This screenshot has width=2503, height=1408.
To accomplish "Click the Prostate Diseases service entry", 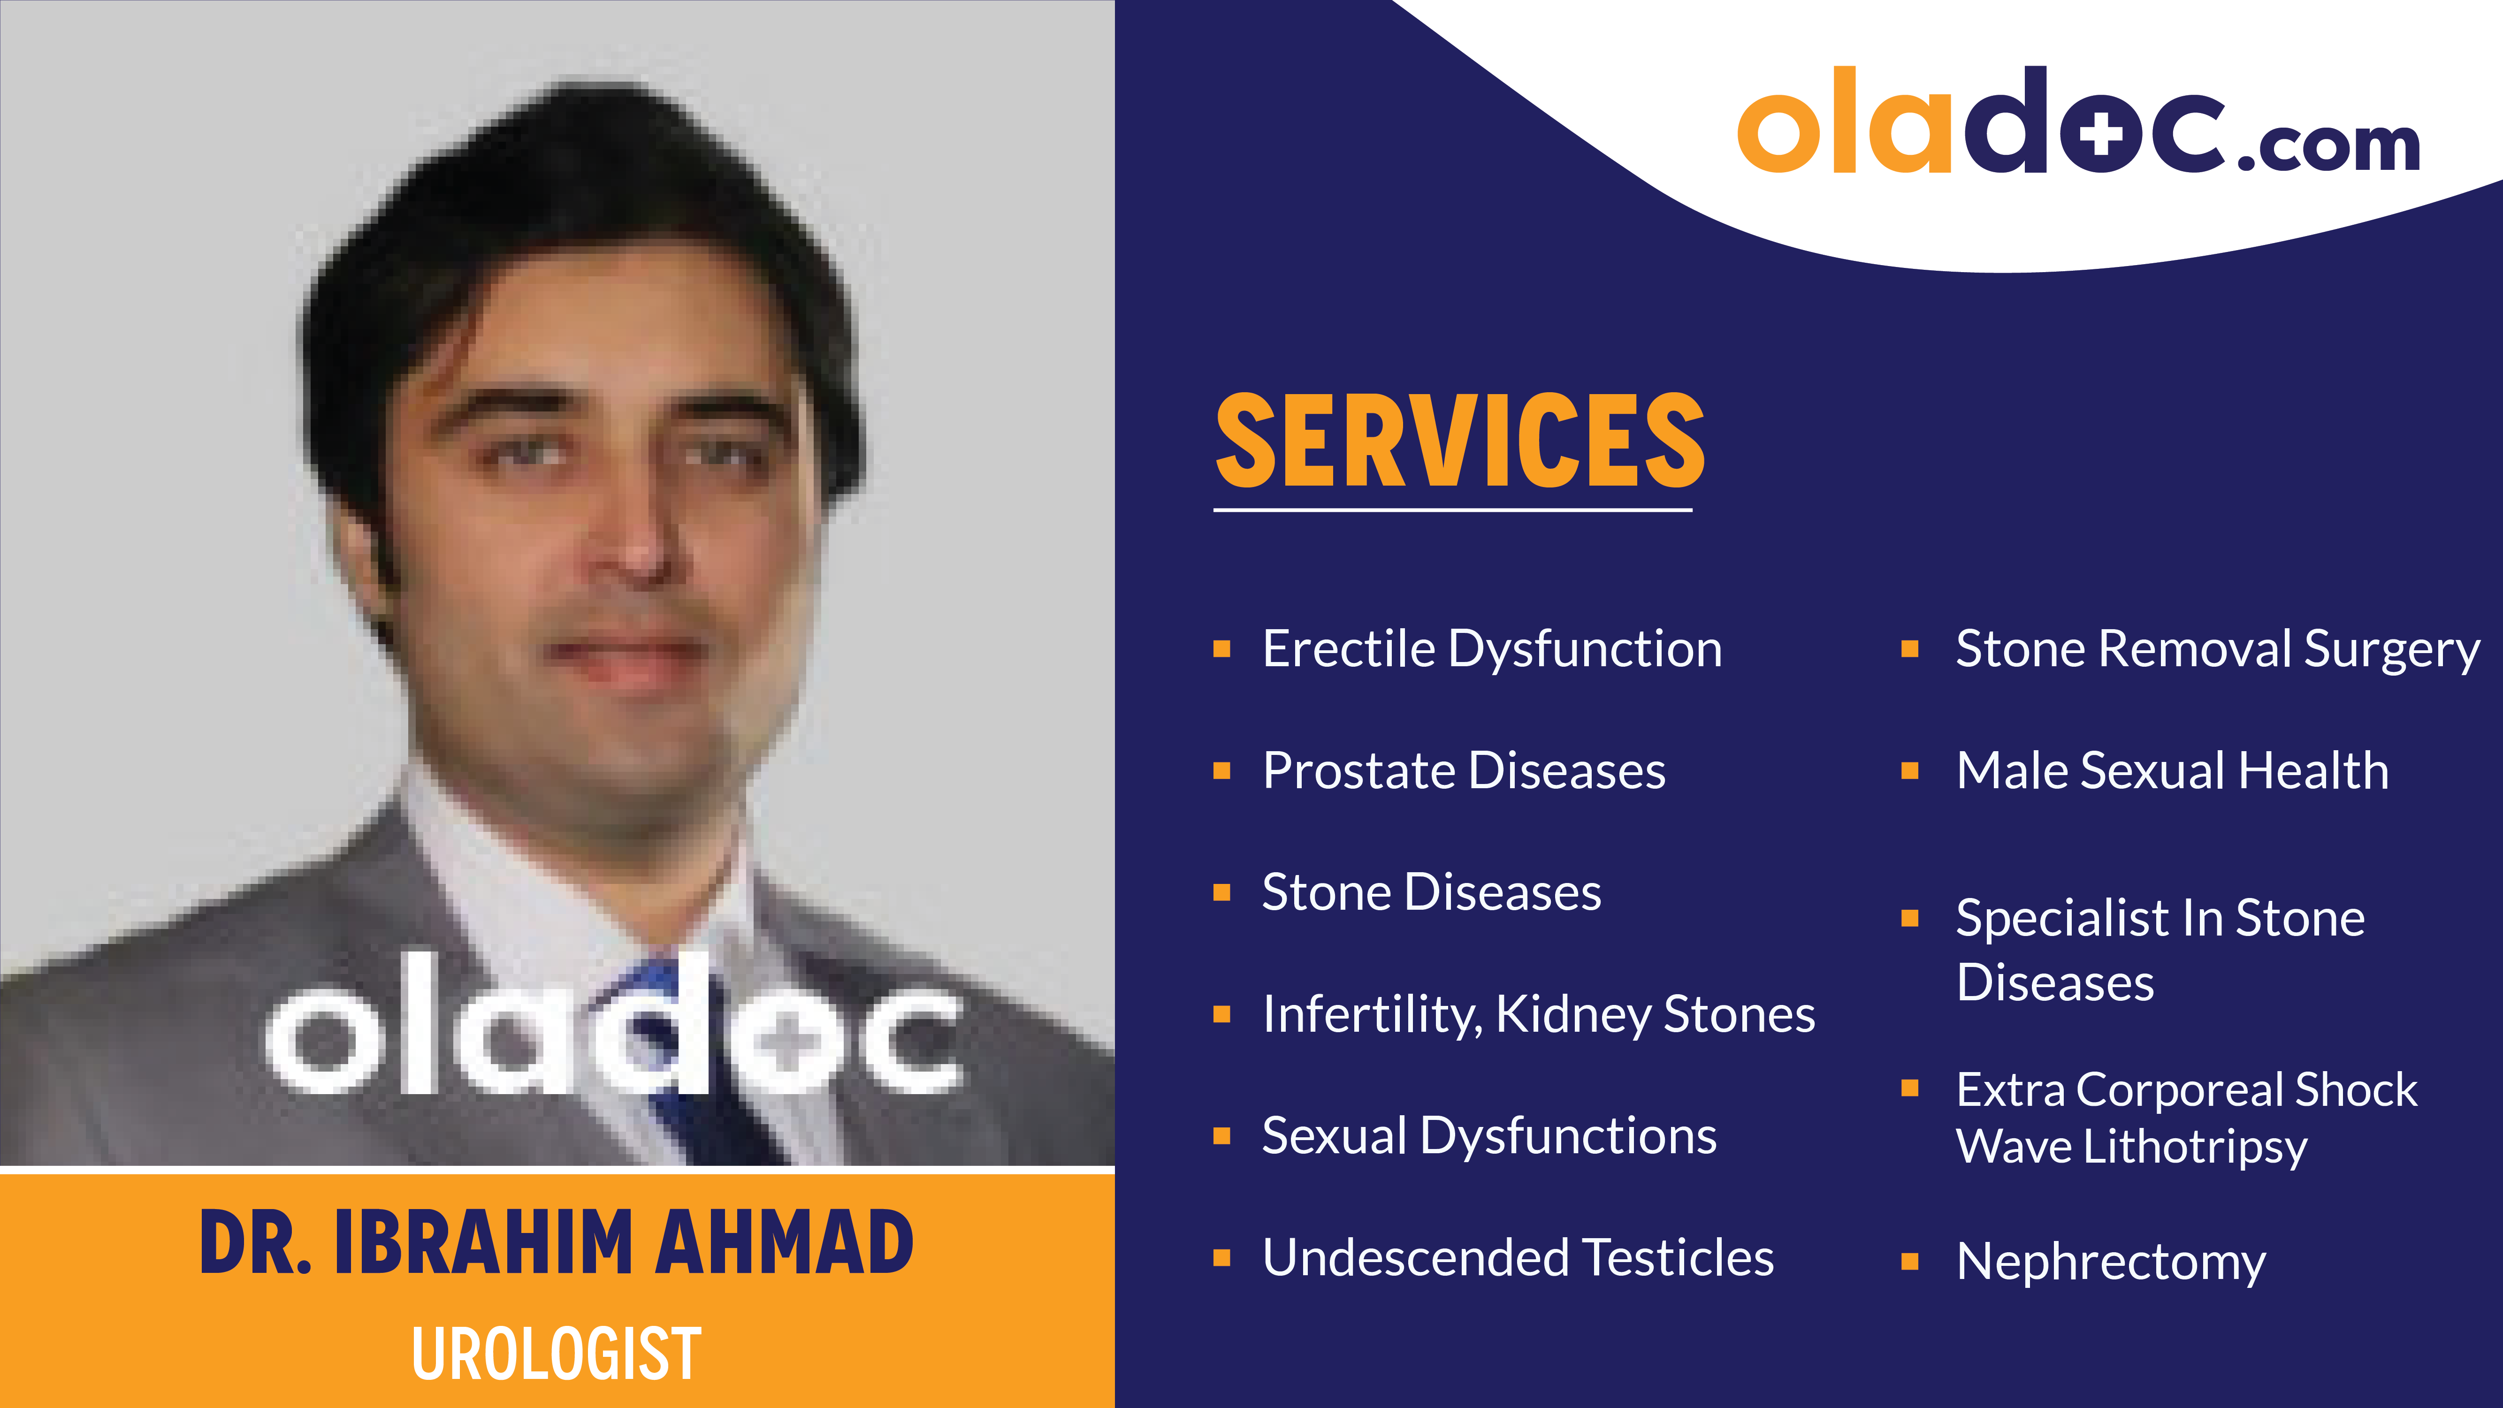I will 1463,770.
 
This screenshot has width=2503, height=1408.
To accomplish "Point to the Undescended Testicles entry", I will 1518,1257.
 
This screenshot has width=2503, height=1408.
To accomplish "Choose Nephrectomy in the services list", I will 2110,1261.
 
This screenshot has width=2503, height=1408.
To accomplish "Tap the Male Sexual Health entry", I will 2172,770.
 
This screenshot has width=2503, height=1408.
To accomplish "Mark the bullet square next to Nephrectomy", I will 1909,1261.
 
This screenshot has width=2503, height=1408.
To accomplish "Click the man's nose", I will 636,544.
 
